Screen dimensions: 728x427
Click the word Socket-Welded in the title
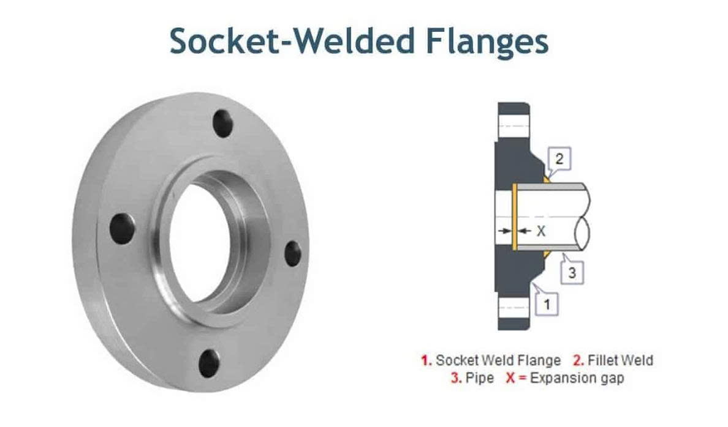(x=292, y=41)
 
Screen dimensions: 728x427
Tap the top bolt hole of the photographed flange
(x=223, y=124)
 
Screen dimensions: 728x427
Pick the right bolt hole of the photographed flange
(x=293, y=254)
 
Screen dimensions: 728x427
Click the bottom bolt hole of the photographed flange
(x=210, y=363)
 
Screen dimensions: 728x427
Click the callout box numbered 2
(x=559, y=159)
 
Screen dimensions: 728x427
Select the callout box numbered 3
(x=572, y=272)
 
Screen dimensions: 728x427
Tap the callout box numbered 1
(x=547, y=305)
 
